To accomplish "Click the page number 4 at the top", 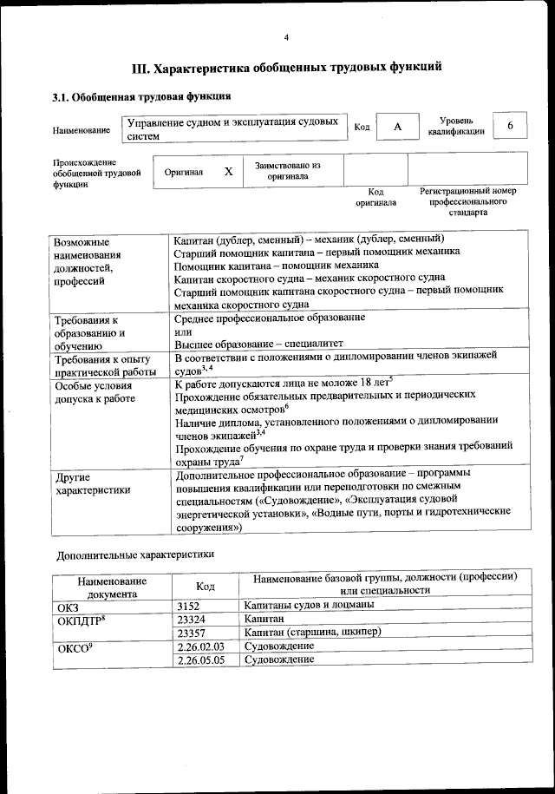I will point(286,36).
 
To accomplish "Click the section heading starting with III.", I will point(286,66).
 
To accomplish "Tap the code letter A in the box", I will point(397,127).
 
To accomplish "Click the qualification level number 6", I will point(511,127).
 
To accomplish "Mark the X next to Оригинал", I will point(228,171).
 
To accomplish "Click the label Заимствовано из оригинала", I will point(288,170).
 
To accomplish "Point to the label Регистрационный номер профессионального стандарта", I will point(468,200).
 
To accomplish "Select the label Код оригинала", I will point(375,197).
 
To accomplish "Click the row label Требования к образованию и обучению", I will point(89,333).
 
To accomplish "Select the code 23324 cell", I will point(192,620).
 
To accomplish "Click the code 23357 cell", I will point(192,633).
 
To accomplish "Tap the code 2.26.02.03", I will point(200,646).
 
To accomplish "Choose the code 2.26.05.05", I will point(200,660).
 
